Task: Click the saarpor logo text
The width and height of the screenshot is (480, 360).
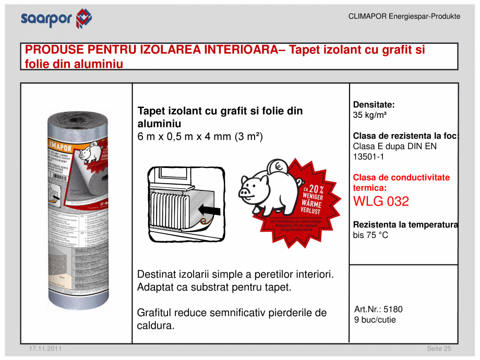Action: click(x=46, y=19)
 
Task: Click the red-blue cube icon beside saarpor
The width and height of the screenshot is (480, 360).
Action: click(x=83, y=19)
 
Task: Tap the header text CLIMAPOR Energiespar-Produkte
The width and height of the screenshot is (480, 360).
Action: click(x=404, y=16)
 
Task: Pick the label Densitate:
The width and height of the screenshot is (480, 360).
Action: click(x=374, y=104)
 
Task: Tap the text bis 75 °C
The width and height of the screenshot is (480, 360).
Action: click(x=370, y=235)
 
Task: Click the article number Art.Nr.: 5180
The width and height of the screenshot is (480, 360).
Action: click(x=378, y=309)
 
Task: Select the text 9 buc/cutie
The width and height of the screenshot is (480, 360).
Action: click(x=375, y=319)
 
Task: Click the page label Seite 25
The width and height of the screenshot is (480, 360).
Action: click(x=438, y=348)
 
